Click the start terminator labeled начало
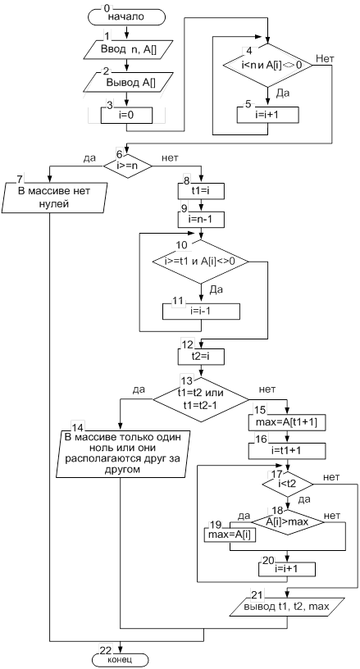pyautogui.click(x=125, y=16)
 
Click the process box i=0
pyautogui.click(x=126, y=114)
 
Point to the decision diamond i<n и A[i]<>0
pyautogui.click(x=268, y=66)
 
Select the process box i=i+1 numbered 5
pyautogui.click(x=268, y=114)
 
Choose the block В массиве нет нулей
pyautogui.click(x=54, y=198)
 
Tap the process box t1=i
pyautogui.click(x=202, y=192)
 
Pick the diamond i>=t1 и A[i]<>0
pyautogui.click(x=201, y=262)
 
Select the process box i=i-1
pyautogui.click(x=201, y=311)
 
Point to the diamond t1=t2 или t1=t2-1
pyautogui.click(x=201, y=399)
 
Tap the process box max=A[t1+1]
pyautogui.click(x=287, y=422)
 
